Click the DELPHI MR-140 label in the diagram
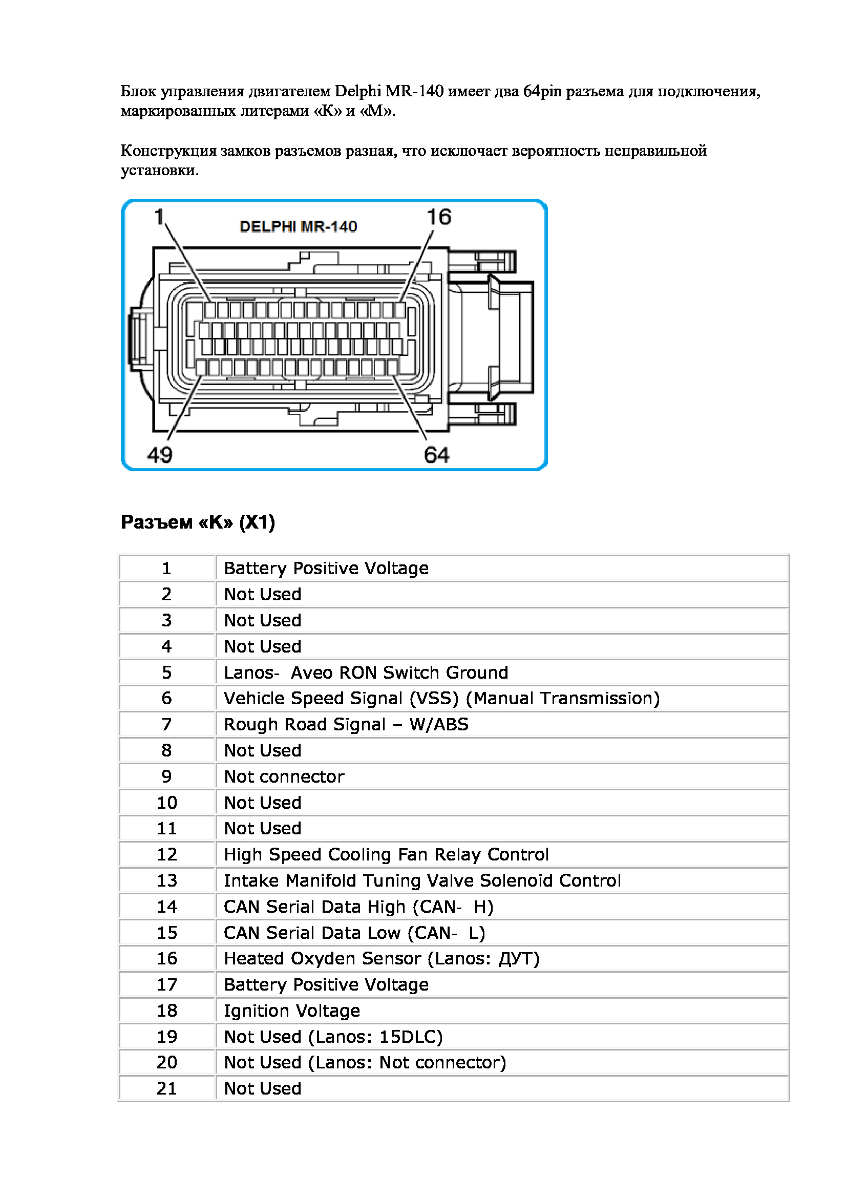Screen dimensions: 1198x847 [x=298, y=226]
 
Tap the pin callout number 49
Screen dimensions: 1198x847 [x=160, y=454]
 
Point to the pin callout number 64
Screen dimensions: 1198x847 [x=436, y=454]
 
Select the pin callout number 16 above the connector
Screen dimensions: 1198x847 [x=439, y=217]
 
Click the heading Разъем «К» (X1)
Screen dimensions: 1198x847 [x=198, y=522]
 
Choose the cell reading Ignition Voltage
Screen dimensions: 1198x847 [x=291, y=1011]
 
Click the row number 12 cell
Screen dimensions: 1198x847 [x=167, y=854]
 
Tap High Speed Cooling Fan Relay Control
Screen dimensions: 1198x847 [x=386, y=854]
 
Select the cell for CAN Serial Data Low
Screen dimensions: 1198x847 [x=354, y=932]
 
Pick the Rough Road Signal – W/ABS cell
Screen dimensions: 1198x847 [x=346, y=724]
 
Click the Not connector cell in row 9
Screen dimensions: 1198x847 [x=284, y=776]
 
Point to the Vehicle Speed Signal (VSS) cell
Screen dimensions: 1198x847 [x=441, y=698]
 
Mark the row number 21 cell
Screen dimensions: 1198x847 [x=167, y=1088]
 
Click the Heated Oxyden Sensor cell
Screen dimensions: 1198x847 [x=382, y=958]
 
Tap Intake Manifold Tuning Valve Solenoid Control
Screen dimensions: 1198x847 [x=422, y=880]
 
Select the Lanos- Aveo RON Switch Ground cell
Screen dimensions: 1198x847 [x=366, y=672]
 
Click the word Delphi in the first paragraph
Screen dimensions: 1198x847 [x=358, y=91]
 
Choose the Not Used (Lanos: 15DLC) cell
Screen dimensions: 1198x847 [x=333, y=1037]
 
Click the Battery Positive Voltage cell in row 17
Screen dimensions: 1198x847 [x=326, y=984]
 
